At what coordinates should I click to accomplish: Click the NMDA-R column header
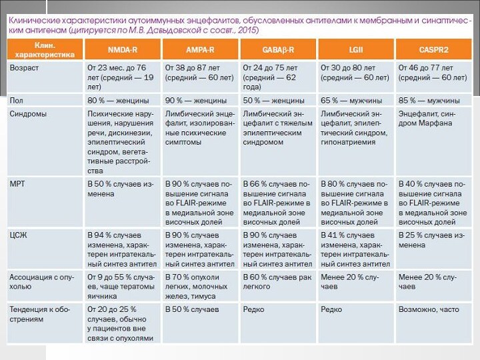[123, 50]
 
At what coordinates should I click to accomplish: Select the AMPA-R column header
[200, 50]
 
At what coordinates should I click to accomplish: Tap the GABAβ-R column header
[278, 50]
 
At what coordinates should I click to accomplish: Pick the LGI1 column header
[355, 50]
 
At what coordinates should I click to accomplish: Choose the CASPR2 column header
[433, 50]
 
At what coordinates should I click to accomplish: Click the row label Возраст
[23, 67]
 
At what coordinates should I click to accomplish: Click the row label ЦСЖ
[18, 235]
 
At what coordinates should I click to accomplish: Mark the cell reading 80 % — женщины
[119, 101]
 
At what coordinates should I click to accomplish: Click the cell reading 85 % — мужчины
[429, 101]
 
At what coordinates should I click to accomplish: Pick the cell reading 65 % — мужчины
[351, 101]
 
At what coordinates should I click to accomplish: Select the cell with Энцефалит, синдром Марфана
[427, 119]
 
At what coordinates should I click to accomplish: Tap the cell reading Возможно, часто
[429, 310]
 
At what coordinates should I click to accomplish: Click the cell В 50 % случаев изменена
[121, 188]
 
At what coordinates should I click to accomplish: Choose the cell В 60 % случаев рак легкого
[277, 281]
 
